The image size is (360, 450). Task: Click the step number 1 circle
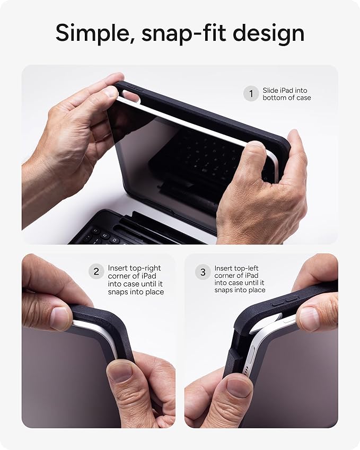251,94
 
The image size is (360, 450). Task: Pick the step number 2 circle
96,272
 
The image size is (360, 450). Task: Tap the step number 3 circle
203,272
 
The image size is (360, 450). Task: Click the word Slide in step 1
271,91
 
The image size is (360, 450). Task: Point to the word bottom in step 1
274,98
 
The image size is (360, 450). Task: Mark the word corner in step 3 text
226,276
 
